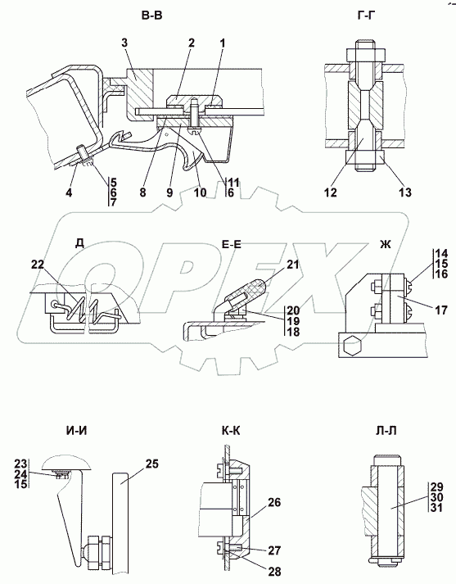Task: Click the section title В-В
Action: coord(152,16)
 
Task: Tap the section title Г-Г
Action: coord(365,16)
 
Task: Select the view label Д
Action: coord(79,243)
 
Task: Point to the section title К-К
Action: coord(231,431)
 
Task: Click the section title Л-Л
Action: coord(386,431)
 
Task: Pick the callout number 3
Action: coord(124,43)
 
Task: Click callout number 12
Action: coord(331,192)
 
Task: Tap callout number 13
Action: coord(405,192)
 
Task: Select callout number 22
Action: coord(38,265)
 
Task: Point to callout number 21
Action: coord(293,265)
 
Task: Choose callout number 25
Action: coord(151,464)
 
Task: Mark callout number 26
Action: coord(274,502)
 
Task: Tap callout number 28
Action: coord(274,571)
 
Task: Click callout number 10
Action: coord(200,192)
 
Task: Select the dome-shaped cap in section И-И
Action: coord(66,462)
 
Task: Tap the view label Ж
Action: coord(386,244)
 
